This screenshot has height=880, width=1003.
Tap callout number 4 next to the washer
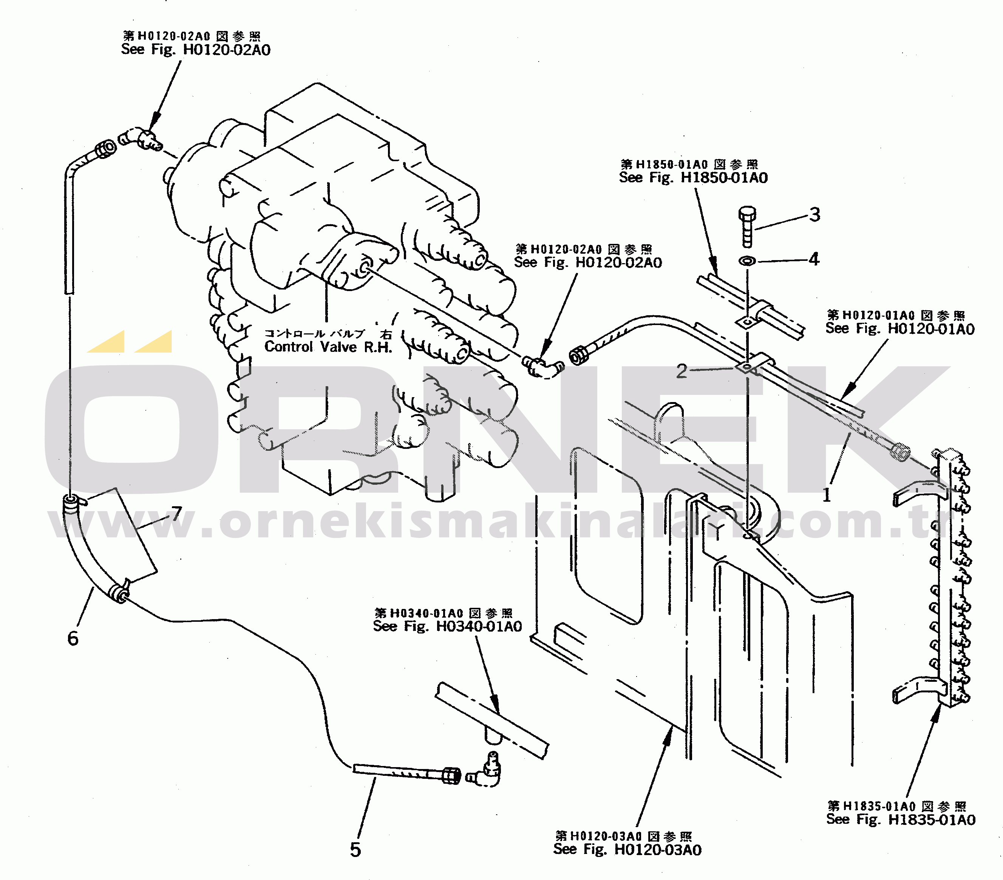pos(814,259)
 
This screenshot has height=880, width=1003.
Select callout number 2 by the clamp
pos(682,371)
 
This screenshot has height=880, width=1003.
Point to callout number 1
pos(827,495)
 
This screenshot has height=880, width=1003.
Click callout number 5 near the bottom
pos(355,849)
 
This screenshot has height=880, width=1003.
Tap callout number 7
pos(177,513)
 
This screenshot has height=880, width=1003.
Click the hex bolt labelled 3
pos(747,227)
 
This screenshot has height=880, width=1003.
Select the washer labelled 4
pos(747,261)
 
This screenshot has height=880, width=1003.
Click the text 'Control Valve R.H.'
pos(328,347)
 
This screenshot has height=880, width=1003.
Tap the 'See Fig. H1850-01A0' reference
pos(693,177)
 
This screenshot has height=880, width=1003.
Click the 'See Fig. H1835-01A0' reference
pos(901,819)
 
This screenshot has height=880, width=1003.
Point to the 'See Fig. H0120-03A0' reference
pos(627,849)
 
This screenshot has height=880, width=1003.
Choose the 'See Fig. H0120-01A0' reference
pos(900,328)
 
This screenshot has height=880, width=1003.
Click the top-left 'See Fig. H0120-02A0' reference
pos(196,49)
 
